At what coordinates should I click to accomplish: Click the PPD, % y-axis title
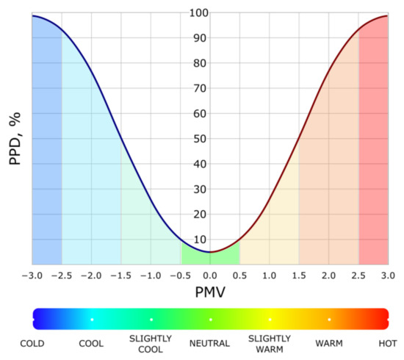pyautogui.click(x=15, y=138)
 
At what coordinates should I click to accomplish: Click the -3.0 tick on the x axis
pyautogui.click(x=32, y=276)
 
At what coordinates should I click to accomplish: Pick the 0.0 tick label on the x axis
pyautogui.click(x=210, y=276)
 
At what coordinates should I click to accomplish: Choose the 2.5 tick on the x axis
pyautogui.click(x=358, y=276)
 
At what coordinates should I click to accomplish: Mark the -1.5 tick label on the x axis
pyautogui.click(x=121, y=276)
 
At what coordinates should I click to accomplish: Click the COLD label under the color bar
pyautogui.click(x=32, y=342)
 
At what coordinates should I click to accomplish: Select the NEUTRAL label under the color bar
pyautogui.click(x=210, y=342)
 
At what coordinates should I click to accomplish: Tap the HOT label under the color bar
pyautogui.click(x=388, y=342)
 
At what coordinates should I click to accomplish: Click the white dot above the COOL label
pyautogui.click(x=92, y=320)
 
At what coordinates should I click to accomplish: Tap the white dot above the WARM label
pyautogui.click(x=329, y=320)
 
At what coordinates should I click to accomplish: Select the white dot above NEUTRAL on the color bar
pyautogui.click(x=210, y=320)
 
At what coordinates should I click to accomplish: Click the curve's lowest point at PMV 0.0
pyautogui.click(x=210, y=252)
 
